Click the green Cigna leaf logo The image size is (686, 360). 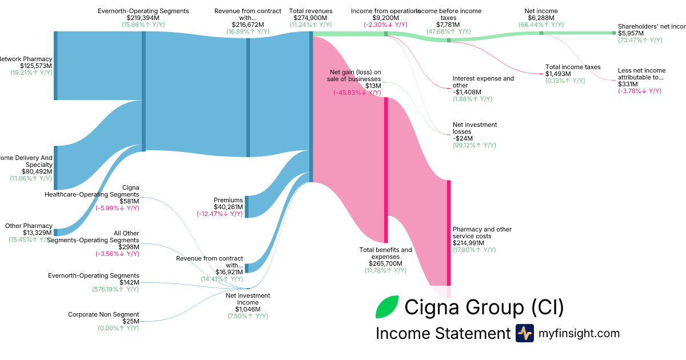click(387, 307)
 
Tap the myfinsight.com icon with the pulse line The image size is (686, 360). click(524, 333)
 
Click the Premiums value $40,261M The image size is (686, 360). click(228, 207)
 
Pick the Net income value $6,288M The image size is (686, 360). click(540, 18)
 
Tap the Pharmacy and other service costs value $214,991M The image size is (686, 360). click(474, 243)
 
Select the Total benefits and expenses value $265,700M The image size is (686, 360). click(385, 263)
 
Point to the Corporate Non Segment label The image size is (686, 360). click(103, 314)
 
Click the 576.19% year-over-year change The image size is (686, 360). click(115, 289)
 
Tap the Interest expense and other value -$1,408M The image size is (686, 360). click(467, 92)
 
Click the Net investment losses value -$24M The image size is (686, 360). click(462, 138)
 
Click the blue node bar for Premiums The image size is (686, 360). click(246, 206)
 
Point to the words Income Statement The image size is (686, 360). click(442, 334)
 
